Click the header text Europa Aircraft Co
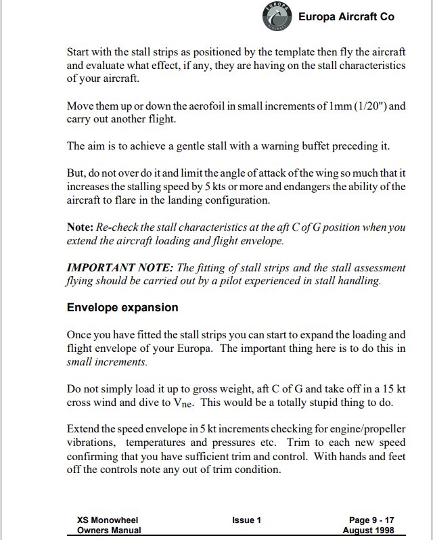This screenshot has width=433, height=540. tap(346, 17)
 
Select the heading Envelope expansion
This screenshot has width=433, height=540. tap(122, 307)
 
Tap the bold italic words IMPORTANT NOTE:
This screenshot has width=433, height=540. tap(119, 269)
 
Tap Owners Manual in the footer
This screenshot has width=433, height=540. tap(109, 531)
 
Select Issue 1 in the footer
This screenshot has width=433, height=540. tap(246, 520)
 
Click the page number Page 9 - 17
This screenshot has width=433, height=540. tap(371, 520)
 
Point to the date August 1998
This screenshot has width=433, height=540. tap(369, 531)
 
